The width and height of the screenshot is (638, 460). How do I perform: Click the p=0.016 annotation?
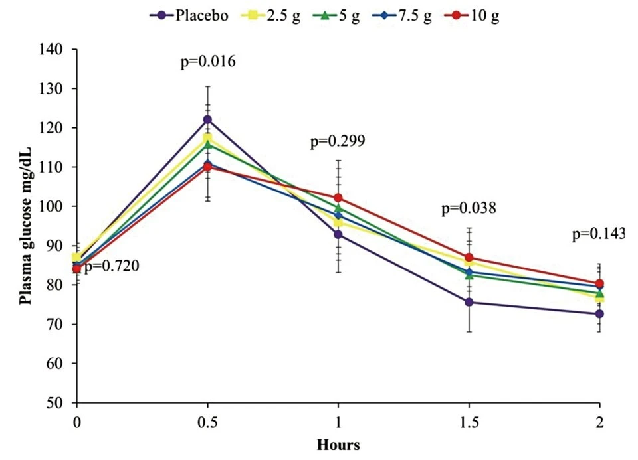pyautogui.click(x=208, y=62)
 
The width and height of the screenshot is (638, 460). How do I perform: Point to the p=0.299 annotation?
pyautogui.click(x=338, y=141)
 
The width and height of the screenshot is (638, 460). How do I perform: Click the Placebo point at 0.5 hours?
pyautogui.click(x=208, y=119)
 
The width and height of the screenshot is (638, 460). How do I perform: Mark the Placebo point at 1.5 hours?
pyautogui.click(x=469, y=302)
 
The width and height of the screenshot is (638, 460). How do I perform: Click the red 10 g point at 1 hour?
pyautogui.click(x=339, y=198)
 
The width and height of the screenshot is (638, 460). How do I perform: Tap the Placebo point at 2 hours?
pyautogui.click(x=600, y=313)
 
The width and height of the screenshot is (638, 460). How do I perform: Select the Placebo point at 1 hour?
pyautogui.click(x=339, y=234)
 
